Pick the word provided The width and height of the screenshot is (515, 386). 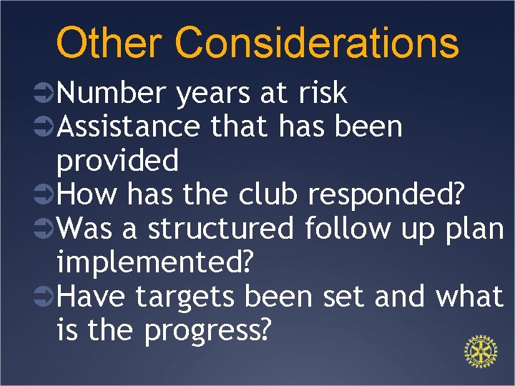tap(117, 162)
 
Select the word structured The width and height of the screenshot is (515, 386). tap(220, 229)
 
